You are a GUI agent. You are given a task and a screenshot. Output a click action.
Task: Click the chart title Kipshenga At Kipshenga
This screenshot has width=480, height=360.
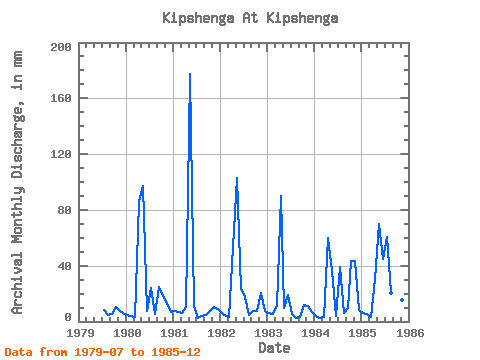tap(250, 18)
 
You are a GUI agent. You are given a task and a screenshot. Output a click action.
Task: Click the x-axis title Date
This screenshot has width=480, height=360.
tap(274, 348)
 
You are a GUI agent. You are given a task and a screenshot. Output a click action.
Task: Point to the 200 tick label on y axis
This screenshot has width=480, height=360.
tap(61, 47)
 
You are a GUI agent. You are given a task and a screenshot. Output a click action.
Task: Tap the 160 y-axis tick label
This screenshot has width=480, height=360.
tap(61, 98)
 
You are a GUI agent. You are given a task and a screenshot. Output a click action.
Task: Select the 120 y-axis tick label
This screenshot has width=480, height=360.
tap(61, 154)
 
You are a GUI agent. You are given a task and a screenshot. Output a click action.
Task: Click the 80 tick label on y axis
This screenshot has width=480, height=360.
tap(65, 210)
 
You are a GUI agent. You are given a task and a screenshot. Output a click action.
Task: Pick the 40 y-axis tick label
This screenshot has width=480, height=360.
tap(65, 266)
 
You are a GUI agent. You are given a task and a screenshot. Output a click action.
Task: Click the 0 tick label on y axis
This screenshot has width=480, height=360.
tap(68, 317)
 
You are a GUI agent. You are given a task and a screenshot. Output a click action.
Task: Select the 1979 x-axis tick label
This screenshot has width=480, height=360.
tap(79, 333)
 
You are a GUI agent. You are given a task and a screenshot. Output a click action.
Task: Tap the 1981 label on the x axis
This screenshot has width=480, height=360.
tap(173, 333)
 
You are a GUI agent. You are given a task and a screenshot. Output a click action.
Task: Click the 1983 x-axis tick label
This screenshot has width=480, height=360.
tap(267, 333)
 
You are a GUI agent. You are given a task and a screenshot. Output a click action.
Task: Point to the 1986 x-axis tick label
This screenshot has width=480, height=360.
tap(409, 333)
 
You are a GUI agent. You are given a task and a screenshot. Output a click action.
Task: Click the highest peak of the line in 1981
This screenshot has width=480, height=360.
tap(190, 74)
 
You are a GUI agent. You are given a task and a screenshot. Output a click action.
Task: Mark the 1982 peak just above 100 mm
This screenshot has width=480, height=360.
tap(237, 178)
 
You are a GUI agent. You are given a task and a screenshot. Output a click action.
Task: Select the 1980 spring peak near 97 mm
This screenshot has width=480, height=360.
tap(143, 186)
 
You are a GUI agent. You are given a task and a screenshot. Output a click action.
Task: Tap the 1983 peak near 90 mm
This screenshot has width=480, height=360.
tap(281, 196)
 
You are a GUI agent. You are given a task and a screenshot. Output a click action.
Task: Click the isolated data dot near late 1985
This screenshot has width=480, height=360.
tap(402, 300)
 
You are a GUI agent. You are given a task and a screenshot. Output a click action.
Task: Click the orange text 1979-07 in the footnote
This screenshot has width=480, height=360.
tap(99, 352)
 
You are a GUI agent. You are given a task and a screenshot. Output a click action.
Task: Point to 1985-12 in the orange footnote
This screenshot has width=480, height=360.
tap(176, 352)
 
